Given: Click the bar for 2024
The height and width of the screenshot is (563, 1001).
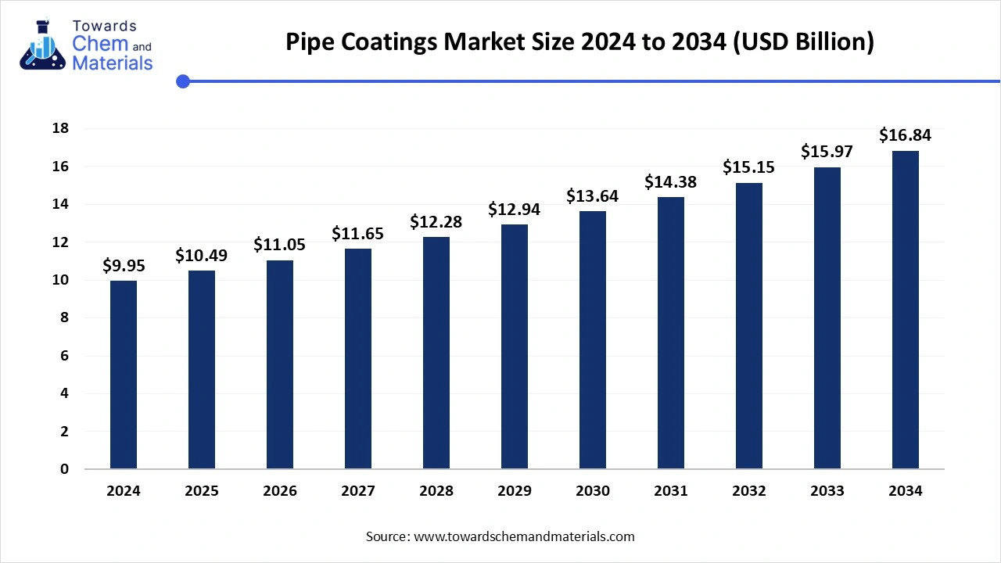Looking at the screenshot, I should [124, 375].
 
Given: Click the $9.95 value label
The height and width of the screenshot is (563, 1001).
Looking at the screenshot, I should [124, 267].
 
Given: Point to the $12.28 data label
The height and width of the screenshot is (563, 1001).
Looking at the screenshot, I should [436, 222].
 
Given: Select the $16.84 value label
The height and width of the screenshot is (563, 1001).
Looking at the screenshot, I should [906, 136].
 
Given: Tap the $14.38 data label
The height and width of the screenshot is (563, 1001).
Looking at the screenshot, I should [671, 182].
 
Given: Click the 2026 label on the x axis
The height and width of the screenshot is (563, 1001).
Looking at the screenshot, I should [280, 491].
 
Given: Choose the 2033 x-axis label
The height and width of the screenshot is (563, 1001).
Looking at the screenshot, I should [827, 491].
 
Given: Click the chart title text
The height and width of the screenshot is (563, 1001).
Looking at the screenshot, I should [579, 41].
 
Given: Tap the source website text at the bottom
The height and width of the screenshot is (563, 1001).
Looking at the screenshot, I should [500, 536].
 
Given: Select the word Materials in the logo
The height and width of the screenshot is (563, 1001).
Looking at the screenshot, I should [112, 64].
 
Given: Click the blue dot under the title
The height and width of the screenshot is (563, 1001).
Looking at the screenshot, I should [183, 81].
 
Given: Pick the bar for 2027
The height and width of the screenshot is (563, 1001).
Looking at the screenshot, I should [358, 359].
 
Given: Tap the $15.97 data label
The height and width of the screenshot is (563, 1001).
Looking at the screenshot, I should [827, 152].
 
